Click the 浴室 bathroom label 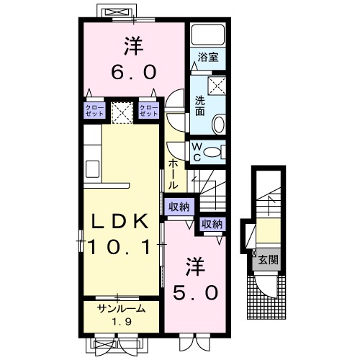point(208,58)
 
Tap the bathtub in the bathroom point(208,34)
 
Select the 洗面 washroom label point(200,106)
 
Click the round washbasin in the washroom point(219,125)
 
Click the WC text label point(197,152)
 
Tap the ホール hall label point(174,174)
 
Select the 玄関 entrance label point(268,259)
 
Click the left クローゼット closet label point(94,110)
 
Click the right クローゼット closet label point(149,110)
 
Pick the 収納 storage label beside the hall point(179,207)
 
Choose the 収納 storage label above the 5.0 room point(212,224)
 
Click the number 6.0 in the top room point(134,72)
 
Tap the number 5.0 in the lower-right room point(195,292)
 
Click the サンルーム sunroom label point(121,308)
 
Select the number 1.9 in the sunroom point(121,321)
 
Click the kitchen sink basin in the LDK point(93,168)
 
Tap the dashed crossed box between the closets point(122,112)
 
